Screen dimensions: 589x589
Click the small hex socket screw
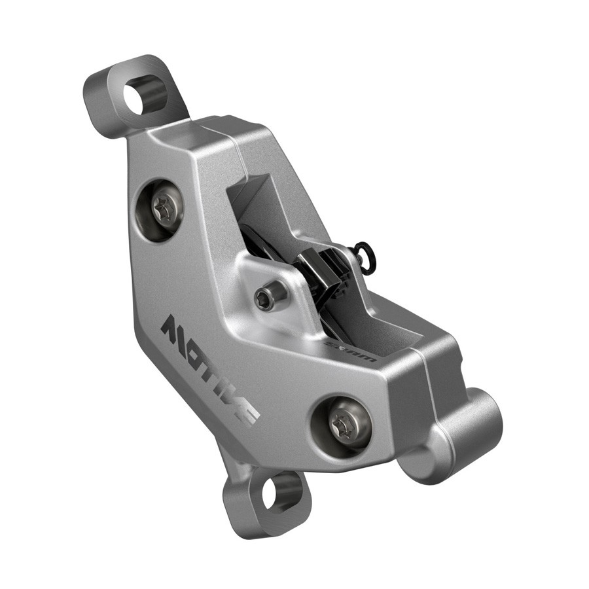262,298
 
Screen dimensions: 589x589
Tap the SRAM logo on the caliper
351,351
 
